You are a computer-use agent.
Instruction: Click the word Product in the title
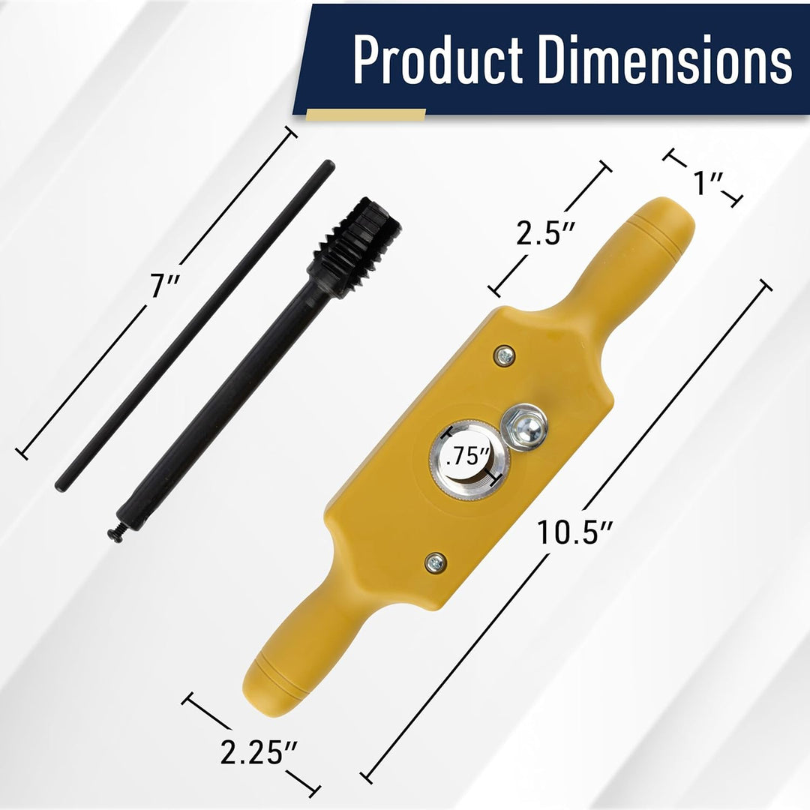437,59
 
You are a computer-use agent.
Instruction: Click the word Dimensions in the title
664,59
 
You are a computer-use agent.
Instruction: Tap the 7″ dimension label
165,285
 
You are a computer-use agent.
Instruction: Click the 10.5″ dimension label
574,532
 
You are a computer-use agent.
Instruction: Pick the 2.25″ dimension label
259,752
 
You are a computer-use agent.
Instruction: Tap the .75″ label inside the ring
467,457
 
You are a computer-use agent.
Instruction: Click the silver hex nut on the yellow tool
523,427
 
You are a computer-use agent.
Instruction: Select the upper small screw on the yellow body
504,355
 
